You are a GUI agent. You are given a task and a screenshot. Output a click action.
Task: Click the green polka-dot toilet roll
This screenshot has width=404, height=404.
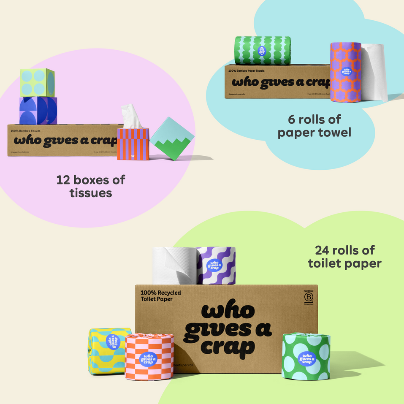coord(306,356)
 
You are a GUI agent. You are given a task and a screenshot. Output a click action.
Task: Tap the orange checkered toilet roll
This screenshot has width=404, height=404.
coord(149,357)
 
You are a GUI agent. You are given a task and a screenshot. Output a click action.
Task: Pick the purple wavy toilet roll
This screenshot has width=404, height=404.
coord(216,266)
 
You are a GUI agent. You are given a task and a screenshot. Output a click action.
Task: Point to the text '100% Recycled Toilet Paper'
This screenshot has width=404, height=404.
coord(161,296)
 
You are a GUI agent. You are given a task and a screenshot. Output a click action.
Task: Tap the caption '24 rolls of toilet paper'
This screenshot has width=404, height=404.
coord(344,257)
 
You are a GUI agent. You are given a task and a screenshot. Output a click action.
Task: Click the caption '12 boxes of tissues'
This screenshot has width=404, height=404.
coord(91,186)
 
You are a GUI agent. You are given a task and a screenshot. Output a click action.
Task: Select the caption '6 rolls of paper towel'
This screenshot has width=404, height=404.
coord(314,126)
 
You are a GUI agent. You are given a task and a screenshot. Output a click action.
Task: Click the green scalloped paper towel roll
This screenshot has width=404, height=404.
coord(262,51)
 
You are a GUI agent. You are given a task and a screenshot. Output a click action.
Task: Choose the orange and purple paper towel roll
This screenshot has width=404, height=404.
coord(345,72)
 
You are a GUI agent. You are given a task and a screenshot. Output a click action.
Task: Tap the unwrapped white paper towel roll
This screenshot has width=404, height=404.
coord(374,72)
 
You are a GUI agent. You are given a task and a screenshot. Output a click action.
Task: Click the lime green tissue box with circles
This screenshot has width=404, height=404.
coord(37,82)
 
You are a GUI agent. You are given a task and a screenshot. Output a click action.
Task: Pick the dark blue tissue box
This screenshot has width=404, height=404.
coord(38,111)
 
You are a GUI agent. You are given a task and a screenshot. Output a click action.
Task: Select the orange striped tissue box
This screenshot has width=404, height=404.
coord(133,144)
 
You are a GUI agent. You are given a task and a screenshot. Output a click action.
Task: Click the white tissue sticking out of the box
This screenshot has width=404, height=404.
coord(131,116)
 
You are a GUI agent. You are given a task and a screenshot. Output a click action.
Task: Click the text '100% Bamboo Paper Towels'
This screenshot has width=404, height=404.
coord(246,70)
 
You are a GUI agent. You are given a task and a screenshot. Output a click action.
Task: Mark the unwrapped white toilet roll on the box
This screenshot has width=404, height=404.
coord(174,266)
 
